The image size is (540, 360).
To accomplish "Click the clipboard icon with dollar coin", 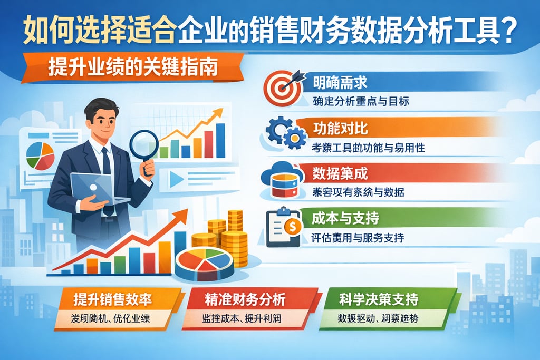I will pos(284,227).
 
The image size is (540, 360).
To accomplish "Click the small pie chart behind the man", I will pos(40,153).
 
